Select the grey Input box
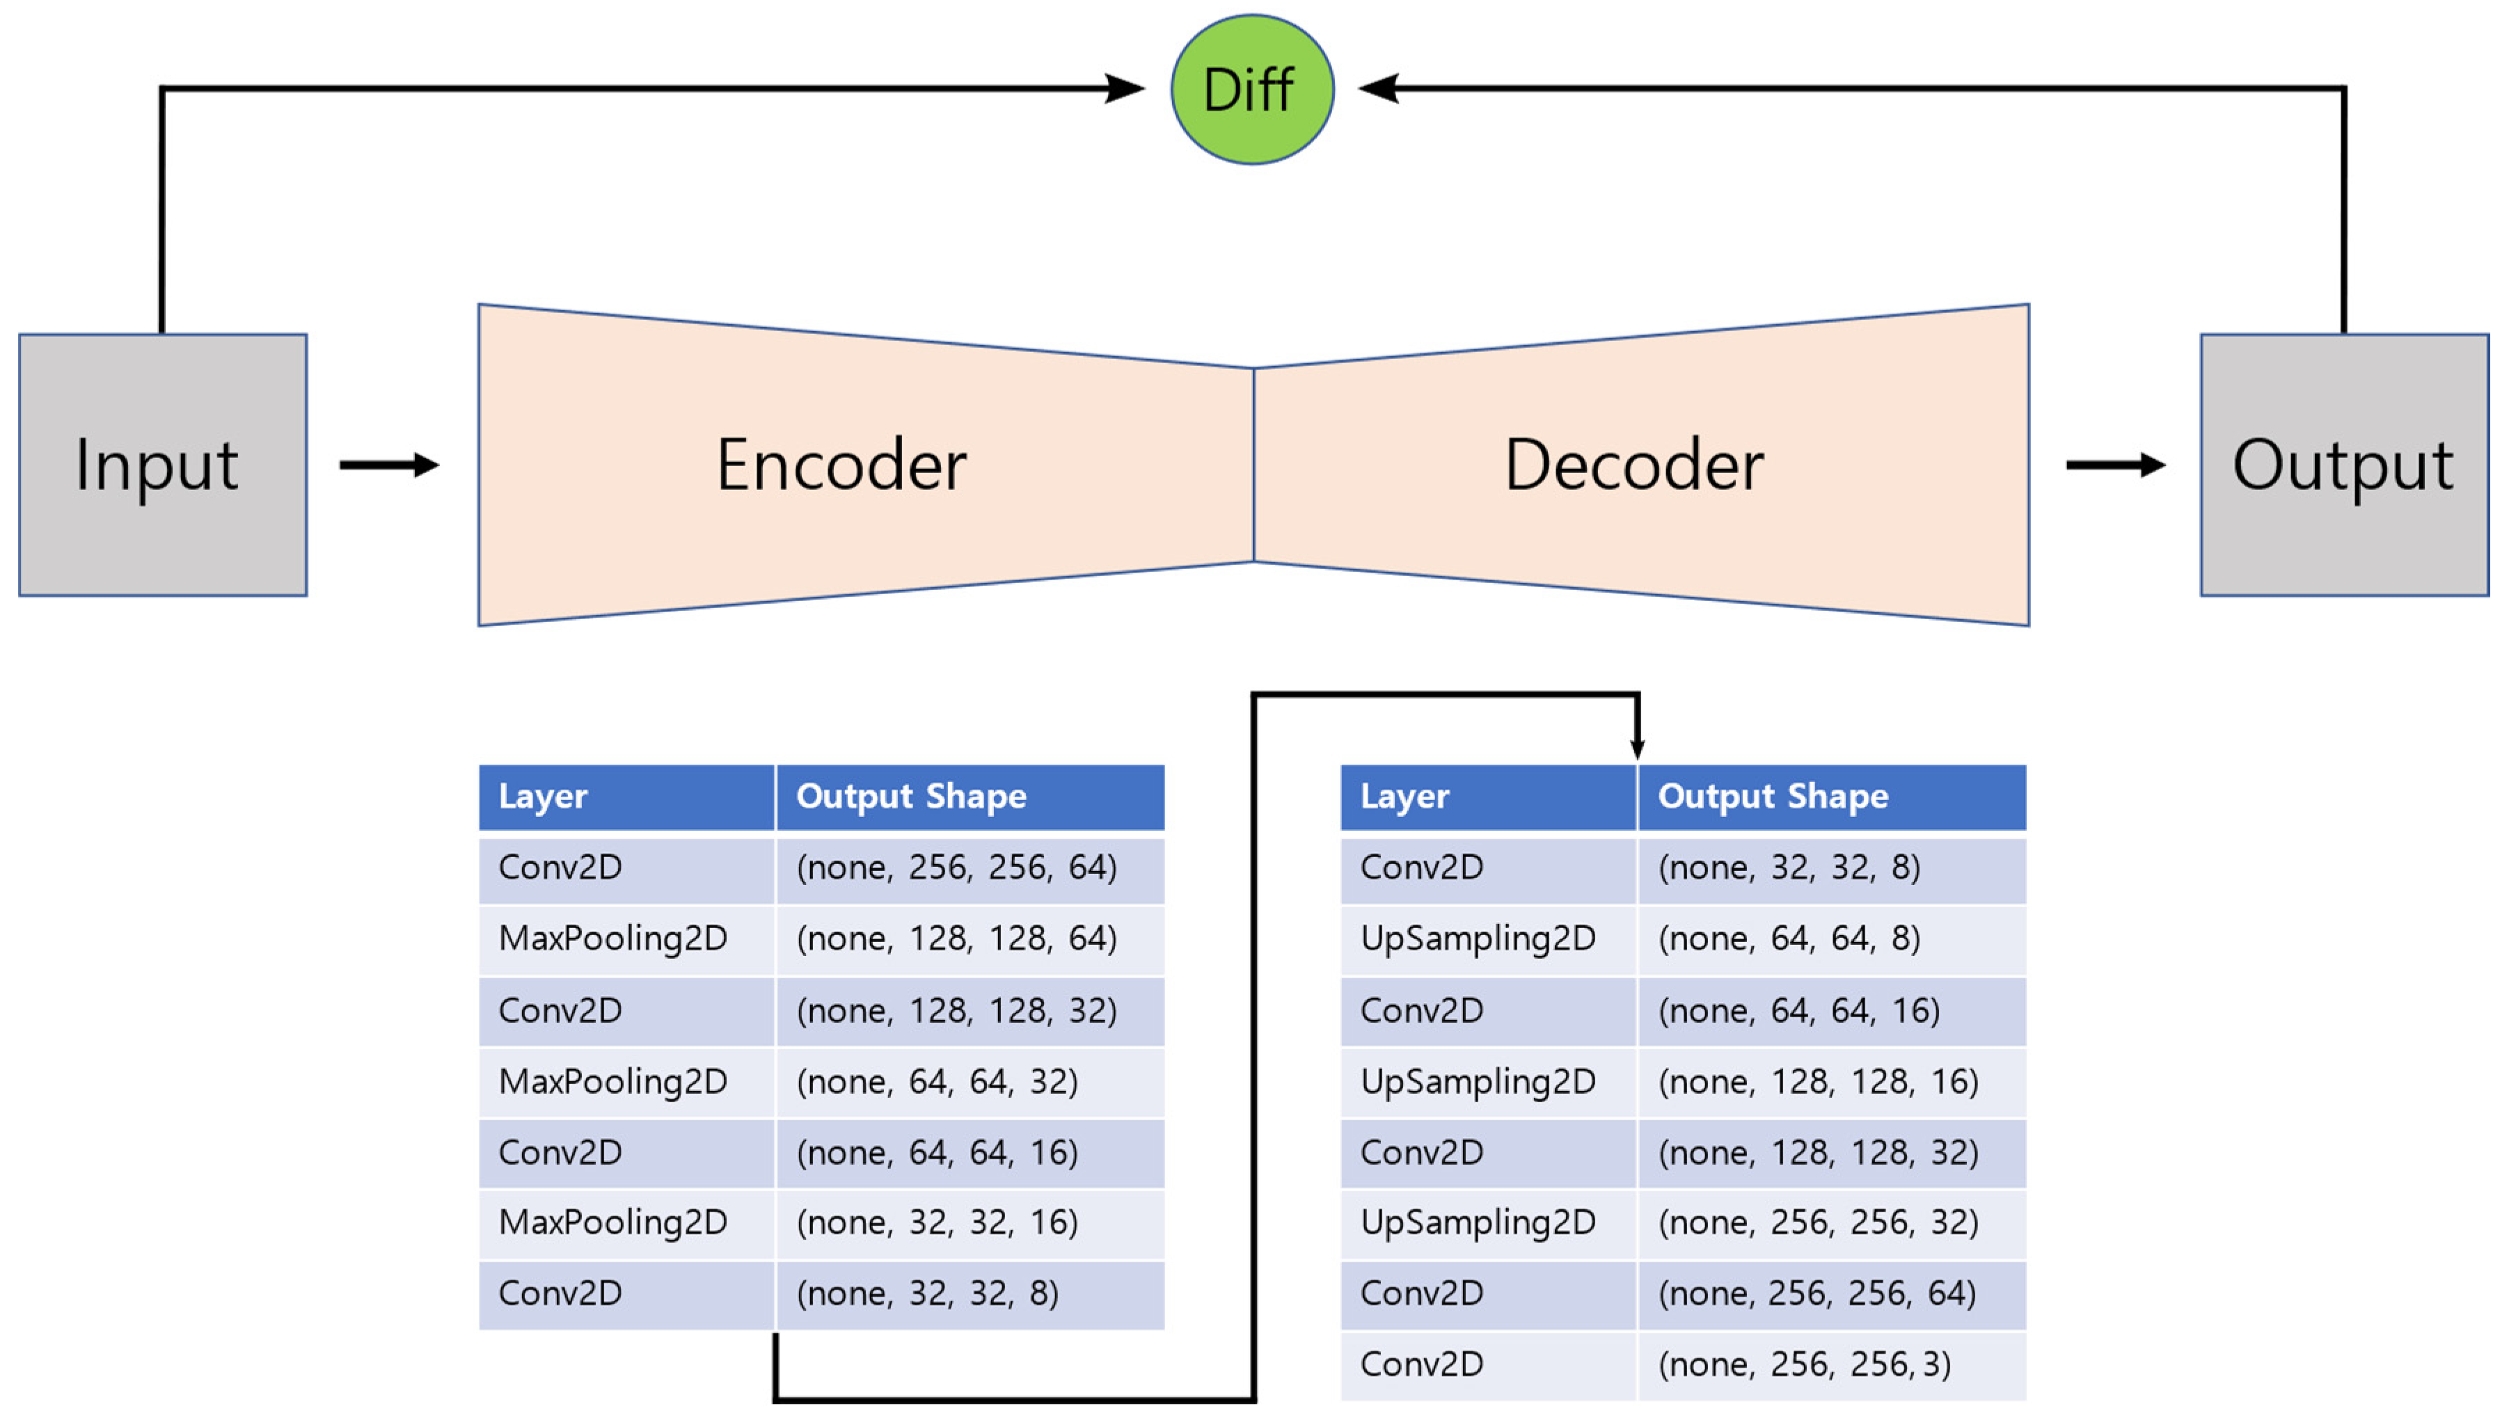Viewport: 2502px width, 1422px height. click(162, 465)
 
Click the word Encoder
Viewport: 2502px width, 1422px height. click(841, 465)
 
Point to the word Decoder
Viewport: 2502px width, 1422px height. click(1633, 465)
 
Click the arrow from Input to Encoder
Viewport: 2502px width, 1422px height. click(389, 465)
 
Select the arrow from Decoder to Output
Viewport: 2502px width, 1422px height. click(2115, 465)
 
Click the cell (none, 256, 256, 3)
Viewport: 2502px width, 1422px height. click(1803, 1364)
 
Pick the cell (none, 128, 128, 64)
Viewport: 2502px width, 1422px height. click(956, 938)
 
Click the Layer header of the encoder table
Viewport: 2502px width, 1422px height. click(543, 797)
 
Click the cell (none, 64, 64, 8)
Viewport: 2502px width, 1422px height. click(1789, 938)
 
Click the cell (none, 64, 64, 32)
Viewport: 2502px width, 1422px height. click(937, 1081)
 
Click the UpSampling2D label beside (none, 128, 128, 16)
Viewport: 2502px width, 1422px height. click(1477, 1081)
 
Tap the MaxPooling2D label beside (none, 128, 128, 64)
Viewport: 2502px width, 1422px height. click(612, 938)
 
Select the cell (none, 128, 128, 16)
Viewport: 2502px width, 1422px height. click(1817, 1081)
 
